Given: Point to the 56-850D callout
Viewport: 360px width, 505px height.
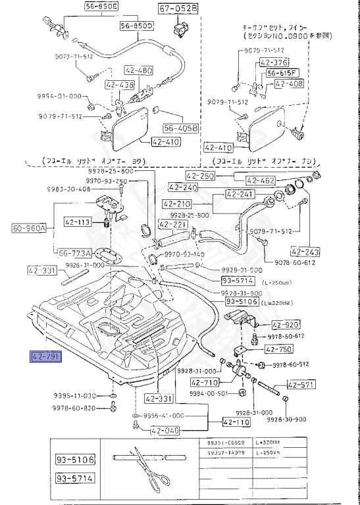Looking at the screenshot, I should pyautogui.click(x=136, y=26).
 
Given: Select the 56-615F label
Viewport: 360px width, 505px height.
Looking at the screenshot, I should pyautogui.click(x=283, y=73).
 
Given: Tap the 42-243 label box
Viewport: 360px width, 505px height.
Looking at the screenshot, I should pyautogui.click(x=304, y=252).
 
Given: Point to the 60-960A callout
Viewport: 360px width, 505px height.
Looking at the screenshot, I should pyautogui.click(x=29, y=228).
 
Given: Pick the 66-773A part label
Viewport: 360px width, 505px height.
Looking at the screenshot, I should pyautogui.click(x=74, y=252).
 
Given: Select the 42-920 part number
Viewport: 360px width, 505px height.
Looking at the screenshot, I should pyautogui.click(x=285, y=325).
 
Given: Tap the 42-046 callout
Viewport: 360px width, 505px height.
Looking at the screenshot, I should pyautogui.click(x=165, y=431).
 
